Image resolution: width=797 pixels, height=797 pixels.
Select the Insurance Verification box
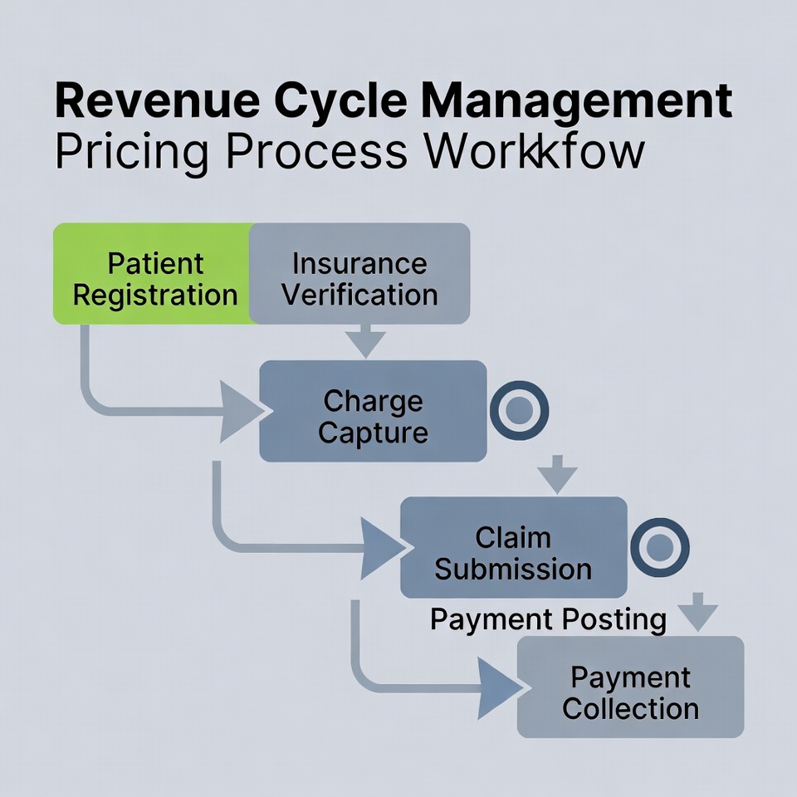point(359,273)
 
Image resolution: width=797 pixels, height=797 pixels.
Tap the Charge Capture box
point(373,411)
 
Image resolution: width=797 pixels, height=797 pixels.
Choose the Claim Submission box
point(513,547)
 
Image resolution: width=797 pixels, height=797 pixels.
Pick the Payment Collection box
point(630,687)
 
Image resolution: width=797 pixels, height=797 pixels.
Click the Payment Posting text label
point(548,619)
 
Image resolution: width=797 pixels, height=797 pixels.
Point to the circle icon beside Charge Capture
point(519,409)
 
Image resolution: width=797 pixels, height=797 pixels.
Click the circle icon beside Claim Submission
point(660,547)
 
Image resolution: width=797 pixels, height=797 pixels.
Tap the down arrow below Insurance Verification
point(365,340)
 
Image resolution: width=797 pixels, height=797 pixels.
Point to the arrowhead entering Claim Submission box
point(384,548)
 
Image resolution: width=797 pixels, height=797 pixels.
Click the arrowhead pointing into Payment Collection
point(500,688)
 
